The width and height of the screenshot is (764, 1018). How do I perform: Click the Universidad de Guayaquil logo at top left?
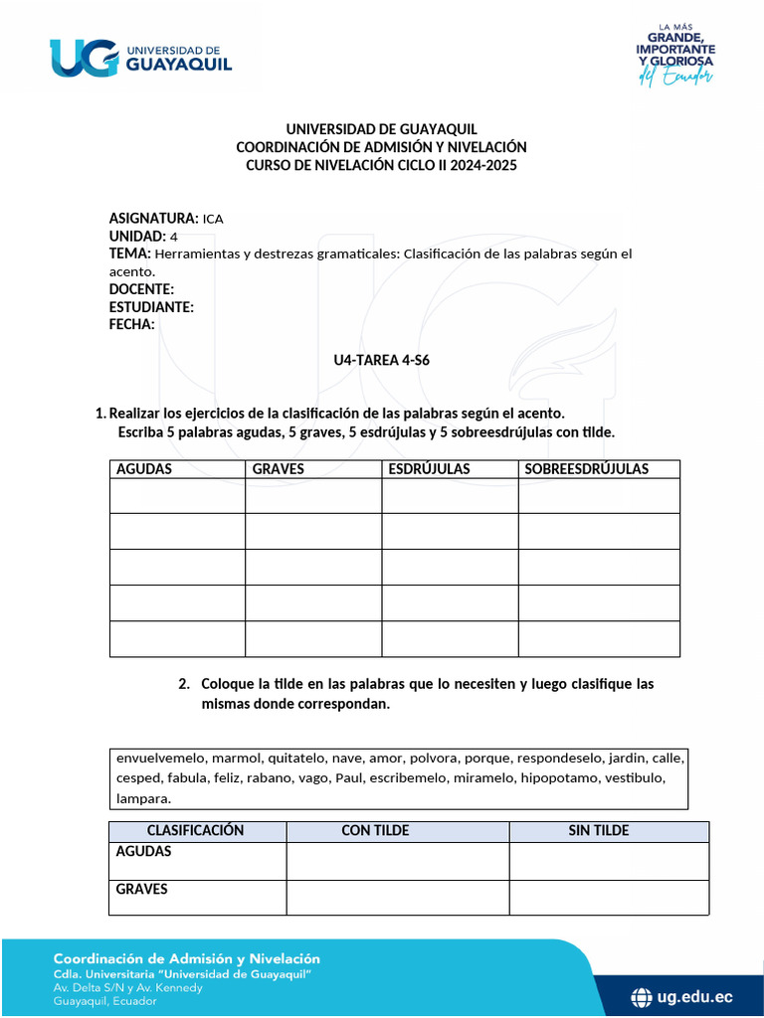click(140, 57)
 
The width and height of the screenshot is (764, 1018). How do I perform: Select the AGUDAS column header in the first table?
click(144, 469)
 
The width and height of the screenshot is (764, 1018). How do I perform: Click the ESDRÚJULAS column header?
click(429, 469)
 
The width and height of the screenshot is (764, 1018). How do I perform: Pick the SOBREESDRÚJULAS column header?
click(586, 469)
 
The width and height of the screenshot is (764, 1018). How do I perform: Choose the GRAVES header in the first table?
click(279, 469)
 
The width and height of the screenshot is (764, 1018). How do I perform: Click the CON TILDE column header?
click(375, 831)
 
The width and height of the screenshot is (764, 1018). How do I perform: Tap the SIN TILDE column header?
click(598, 831)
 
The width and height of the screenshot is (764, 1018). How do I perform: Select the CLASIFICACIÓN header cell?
click(195, 831)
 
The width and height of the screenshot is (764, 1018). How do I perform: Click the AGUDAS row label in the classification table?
click(144, 852)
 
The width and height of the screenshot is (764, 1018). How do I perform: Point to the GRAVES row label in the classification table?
click(142, 890)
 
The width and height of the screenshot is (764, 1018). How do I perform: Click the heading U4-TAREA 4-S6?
click(381, 361)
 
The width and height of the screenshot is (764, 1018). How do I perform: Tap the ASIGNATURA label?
click(153, 218)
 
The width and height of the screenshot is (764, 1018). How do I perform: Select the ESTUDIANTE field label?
click(151, 307)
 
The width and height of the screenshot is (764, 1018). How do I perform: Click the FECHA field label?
click(131, 325)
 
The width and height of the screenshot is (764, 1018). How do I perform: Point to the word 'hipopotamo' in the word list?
click(559, 777)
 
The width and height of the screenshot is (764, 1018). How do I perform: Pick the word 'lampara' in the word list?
click(143, 798)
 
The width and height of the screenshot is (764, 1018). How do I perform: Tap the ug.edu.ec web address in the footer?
click(695, 996)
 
